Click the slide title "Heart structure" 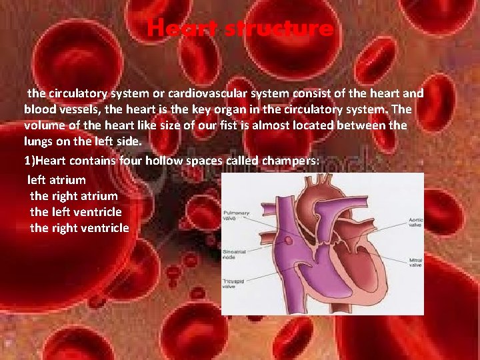pyautogui.click(x=240, y=29)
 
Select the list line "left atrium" pyautogui.click(x=57, y=180)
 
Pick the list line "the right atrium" pyautogui.click(x=74, y=196)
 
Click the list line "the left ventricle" pyautogui.click(x=76, y=212)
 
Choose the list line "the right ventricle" pyautogui.click(x=79, y=228)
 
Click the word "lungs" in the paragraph pyautogui.click(x=39, y=141)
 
